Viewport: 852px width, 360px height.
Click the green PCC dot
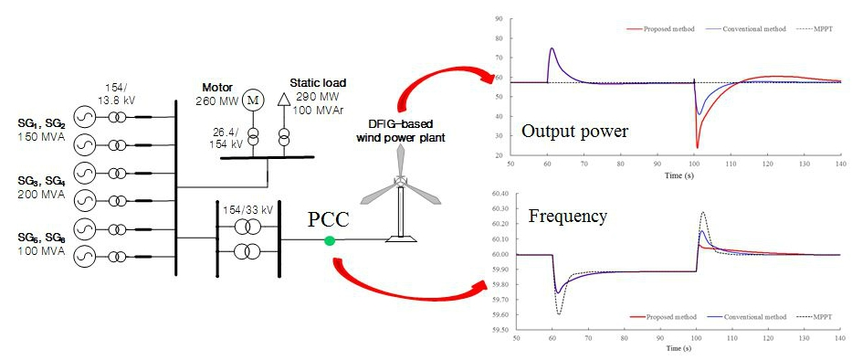(330, 240)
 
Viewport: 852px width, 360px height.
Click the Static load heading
(318, 82)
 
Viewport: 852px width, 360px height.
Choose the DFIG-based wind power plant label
(395, 132)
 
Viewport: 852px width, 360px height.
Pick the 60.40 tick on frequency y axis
(500, 195)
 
